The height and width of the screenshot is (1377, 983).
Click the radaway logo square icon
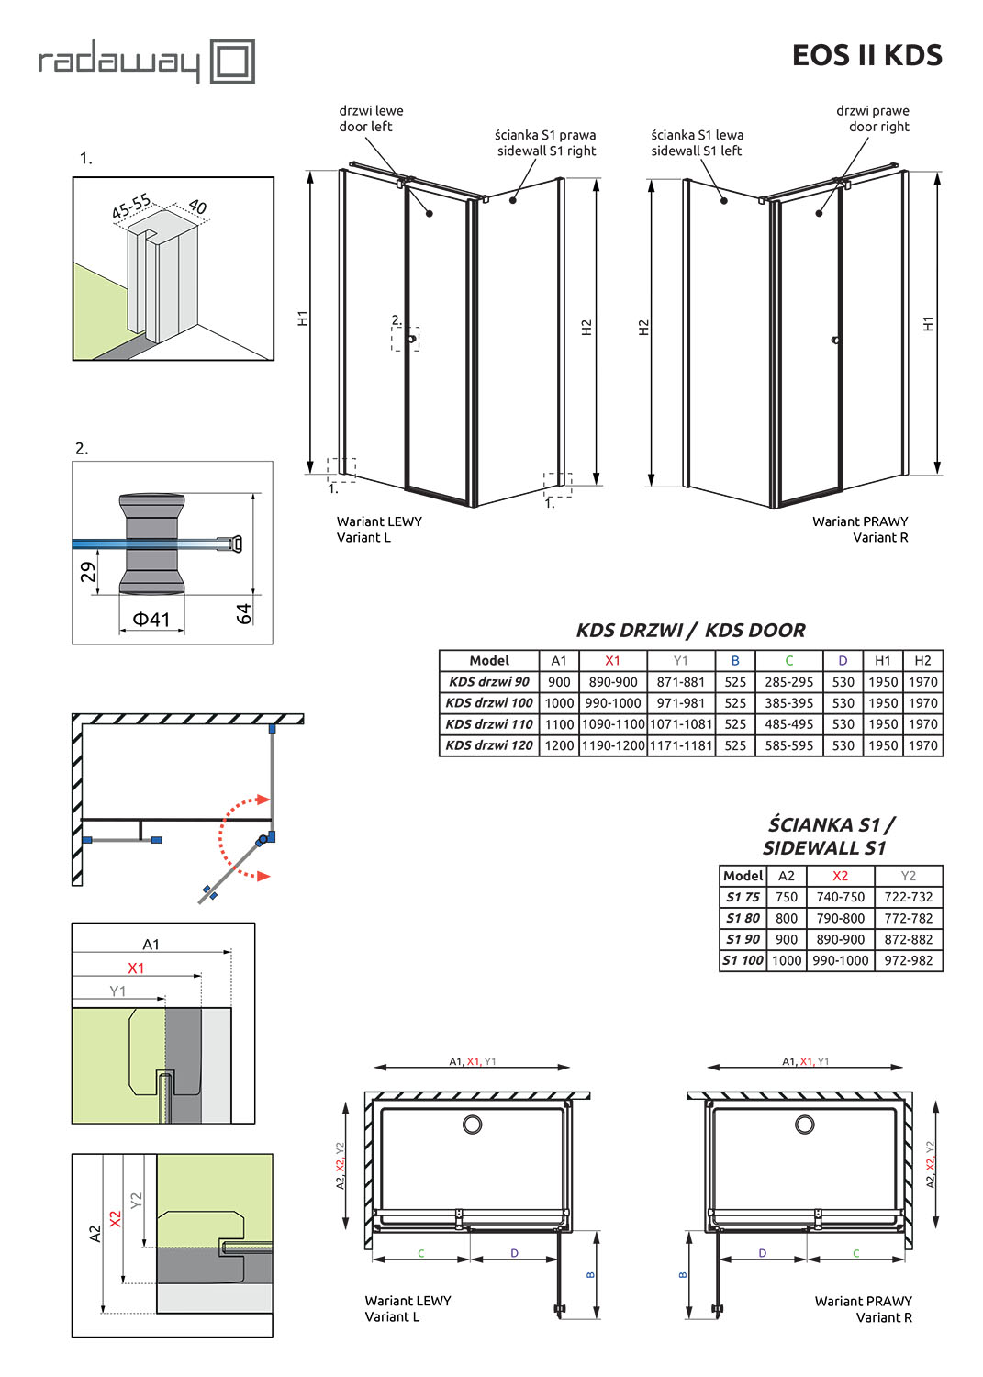pos(232,62)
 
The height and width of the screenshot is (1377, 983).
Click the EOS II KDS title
pos(866,56)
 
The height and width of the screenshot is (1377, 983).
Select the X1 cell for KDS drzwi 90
pos(612,682)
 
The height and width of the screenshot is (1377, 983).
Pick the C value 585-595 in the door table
pos(788,745)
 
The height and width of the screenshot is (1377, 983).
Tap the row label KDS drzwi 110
pos(488,724)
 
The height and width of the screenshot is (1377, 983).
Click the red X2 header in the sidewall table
pos(840,876)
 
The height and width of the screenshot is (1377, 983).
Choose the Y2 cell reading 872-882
pos(908,939)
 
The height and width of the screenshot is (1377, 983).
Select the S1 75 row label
pos(743,897)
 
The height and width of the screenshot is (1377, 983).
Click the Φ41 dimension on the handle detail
pos(151,620)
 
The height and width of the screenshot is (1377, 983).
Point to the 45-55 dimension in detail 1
pos(131,207)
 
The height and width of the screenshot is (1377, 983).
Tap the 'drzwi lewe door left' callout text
pos(371,118)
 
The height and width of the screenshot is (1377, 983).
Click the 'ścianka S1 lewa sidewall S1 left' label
pos(697,142)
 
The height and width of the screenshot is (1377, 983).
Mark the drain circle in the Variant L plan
pos(473,1124)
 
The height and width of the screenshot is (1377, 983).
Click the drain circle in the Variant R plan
pos(805,1124)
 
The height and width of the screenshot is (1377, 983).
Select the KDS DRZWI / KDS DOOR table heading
pos(690,631)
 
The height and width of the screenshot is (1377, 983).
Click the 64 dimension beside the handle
pos(243,613)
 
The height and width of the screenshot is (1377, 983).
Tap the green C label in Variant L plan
pos(421,1253)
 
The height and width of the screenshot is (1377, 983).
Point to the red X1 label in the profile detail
pos(136,968)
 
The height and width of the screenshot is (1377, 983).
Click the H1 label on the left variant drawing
pos(303,319)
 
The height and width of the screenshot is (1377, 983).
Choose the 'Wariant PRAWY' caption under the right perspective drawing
pos(860,521)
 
